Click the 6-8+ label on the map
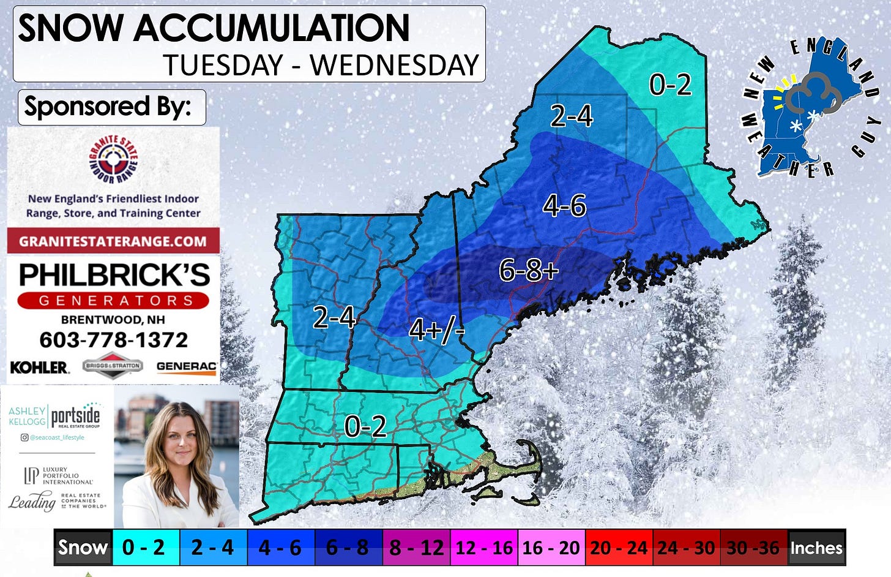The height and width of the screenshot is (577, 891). [528, 270]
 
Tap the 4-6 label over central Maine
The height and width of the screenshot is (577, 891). [564, 206]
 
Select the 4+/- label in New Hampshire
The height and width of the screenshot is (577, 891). [436, 331]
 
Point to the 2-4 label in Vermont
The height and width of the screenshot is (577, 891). [334, 317]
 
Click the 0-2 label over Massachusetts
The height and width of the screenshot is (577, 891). [365, 426]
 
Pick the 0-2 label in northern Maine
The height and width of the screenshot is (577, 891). [670, 85]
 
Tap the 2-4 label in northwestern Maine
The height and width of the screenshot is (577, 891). [572, 116]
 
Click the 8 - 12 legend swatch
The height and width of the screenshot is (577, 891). [416, 548]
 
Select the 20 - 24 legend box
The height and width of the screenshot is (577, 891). [619, 548]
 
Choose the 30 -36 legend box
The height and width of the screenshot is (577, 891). [753, 548]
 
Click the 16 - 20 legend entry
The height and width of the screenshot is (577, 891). [551, 548]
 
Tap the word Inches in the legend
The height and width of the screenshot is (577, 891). [816, 548]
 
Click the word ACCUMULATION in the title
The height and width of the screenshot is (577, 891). [271, 28]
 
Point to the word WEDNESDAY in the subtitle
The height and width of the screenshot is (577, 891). [394, 66]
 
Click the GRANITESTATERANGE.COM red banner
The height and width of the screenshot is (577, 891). [113, 241]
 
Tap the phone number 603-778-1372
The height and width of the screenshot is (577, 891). [113, 339]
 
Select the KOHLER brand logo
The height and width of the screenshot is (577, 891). [39, 368]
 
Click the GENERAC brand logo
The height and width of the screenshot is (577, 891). [186, 367]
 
